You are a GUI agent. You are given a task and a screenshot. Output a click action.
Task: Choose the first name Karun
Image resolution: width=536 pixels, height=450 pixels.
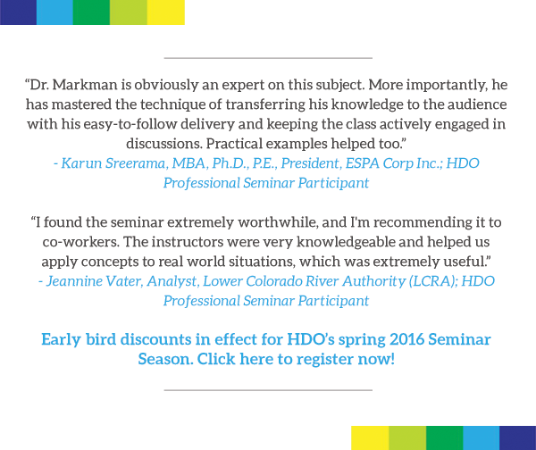tap(81, 163)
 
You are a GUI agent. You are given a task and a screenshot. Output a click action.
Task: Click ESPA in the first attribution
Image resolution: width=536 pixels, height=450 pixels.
tap(363, 163)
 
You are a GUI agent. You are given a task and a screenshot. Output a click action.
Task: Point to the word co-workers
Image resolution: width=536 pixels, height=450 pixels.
tap(80, 242)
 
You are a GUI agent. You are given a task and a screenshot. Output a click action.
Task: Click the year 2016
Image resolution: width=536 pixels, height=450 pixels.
tap(406, 339)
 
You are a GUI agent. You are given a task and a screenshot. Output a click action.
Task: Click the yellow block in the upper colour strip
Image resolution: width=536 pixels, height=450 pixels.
tap(166, 12)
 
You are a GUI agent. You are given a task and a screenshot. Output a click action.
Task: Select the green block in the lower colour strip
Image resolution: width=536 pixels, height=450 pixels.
tap(444, 437)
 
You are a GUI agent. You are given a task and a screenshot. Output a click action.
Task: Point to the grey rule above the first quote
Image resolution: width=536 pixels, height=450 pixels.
tap(268, 58)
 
